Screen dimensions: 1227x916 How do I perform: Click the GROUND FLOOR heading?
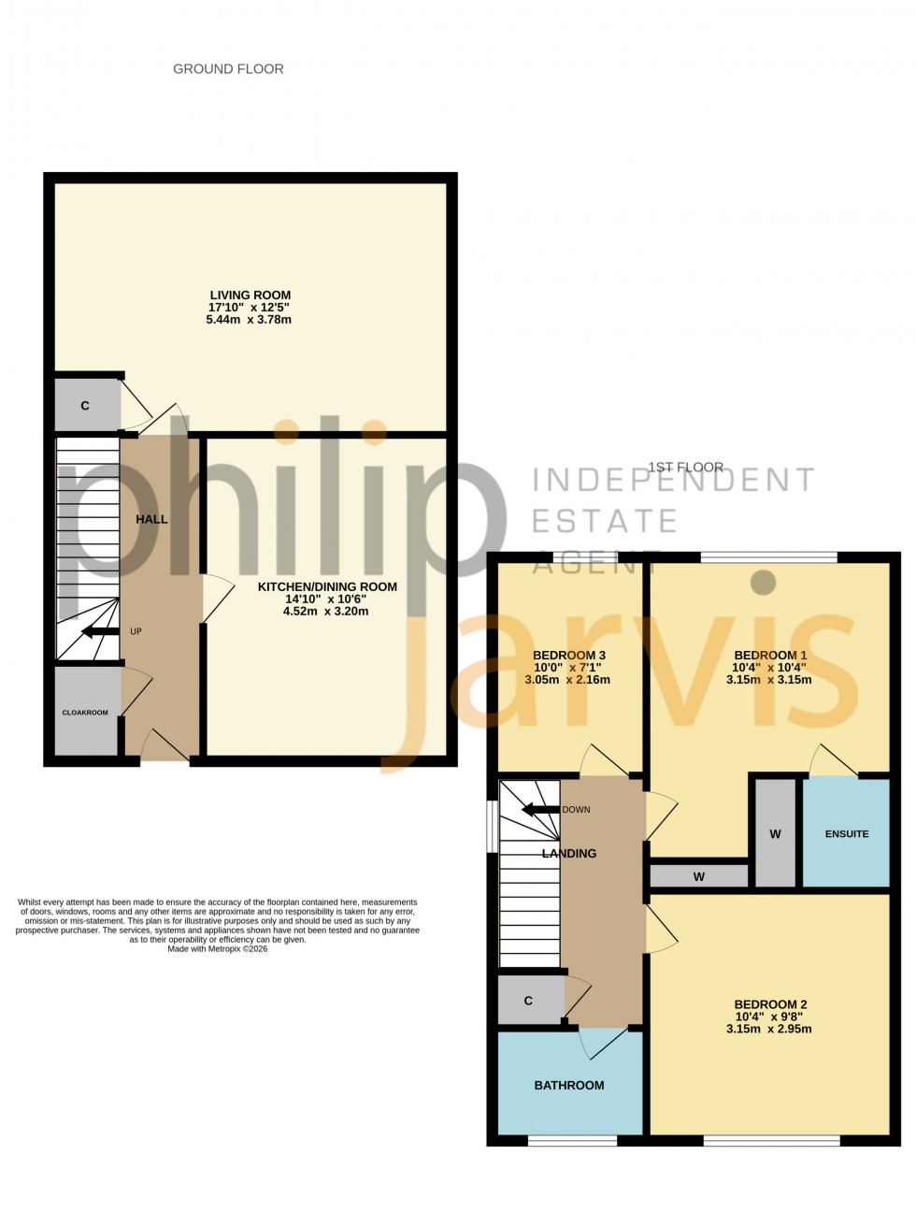[x=228, y=69]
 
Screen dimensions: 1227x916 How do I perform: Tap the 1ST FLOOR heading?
[x=686, y=468]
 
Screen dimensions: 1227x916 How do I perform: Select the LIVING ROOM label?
[x=250, y=296]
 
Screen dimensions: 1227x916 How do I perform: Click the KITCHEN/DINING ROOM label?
[x=327, y=587]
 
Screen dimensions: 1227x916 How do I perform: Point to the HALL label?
[x=151, y=519]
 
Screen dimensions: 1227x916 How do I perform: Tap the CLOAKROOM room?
[x=85, y=713]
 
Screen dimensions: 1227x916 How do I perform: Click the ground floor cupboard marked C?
[x=85, y=406]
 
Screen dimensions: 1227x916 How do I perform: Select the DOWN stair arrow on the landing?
[x=538, y=809]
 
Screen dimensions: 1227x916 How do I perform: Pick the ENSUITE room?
[x=846, y=833]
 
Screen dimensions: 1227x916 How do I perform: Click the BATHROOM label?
[x=569, y=1085]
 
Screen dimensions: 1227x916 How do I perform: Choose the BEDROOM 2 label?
[x=770, y=1004]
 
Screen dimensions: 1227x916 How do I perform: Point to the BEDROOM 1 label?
[x=770, y=655]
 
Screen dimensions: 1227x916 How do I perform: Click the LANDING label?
[x=569, y=853]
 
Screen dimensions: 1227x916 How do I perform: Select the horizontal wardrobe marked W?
[x=698, y=876]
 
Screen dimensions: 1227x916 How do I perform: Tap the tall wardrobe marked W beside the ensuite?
[x=775, y=833]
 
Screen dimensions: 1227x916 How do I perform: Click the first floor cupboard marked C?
[x=528, y=1001]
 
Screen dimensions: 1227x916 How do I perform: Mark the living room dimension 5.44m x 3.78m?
[x=250, y=320]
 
